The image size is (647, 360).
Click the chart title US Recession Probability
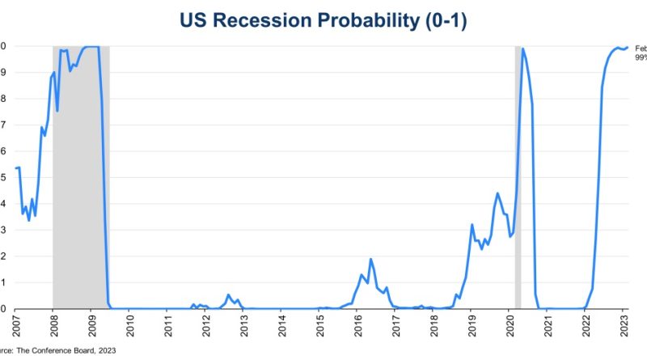pyautogui.click(x=323, y=20)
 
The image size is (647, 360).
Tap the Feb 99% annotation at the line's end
pyautogui.click(x=640, y=53)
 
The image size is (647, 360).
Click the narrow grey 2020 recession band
pyautogui.click(x=518, y=178)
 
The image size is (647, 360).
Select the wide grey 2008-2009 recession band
pyautogui.click(x=81, y=178)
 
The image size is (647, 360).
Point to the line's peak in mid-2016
pyautogui.click(x=370, y=260)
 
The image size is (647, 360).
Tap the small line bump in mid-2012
pyautogui.click(x=228, y=295)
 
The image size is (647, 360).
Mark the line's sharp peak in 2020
pyautogui.click(x=523, y=49)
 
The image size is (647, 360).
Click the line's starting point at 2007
pyautogui.click(x=15, y=168)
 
